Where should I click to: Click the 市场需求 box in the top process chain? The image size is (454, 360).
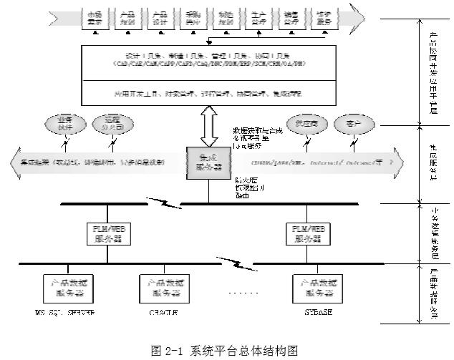[x=95, y=17]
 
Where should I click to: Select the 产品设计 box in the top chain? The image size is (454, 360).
[x=160, y=17]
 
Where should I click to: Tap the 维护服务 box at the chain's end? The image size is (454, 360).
[x=324, y=17]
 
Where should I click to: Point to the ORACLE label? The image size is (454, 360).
[x=164, y=313]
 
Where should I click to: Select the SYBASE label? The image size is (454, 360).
[x=314, y=313]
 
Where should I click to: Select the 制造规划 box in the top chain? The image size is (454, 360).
[x=226, y=17]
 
